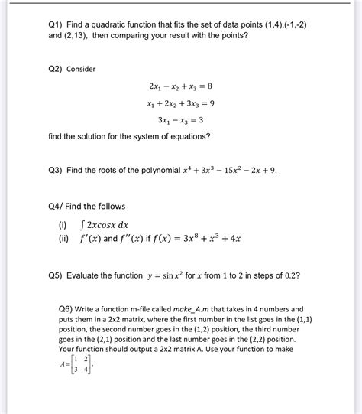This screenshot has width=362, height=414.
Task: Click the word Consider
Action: tap(81, 69)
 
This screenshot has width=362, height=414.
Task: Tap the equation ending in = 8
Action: tap(180, 87)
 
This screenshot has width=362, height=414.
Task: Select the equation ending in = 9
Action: tap(180, 103)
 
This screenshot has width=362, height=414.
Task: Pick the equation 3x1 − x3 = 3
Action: tap(179, 120)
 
